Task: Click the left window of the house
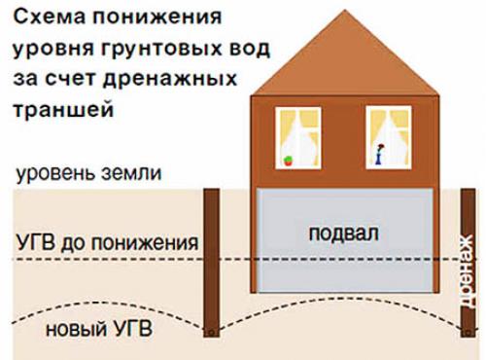pyautogui.click(x=297, y=136)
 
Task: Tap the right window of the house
pyautogui.click(x=387, y=136)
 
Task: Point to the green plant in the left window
pyautogui.click(x=287, y=159)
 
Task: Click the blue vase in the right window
pyautogui.click(x=380, y=154)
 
